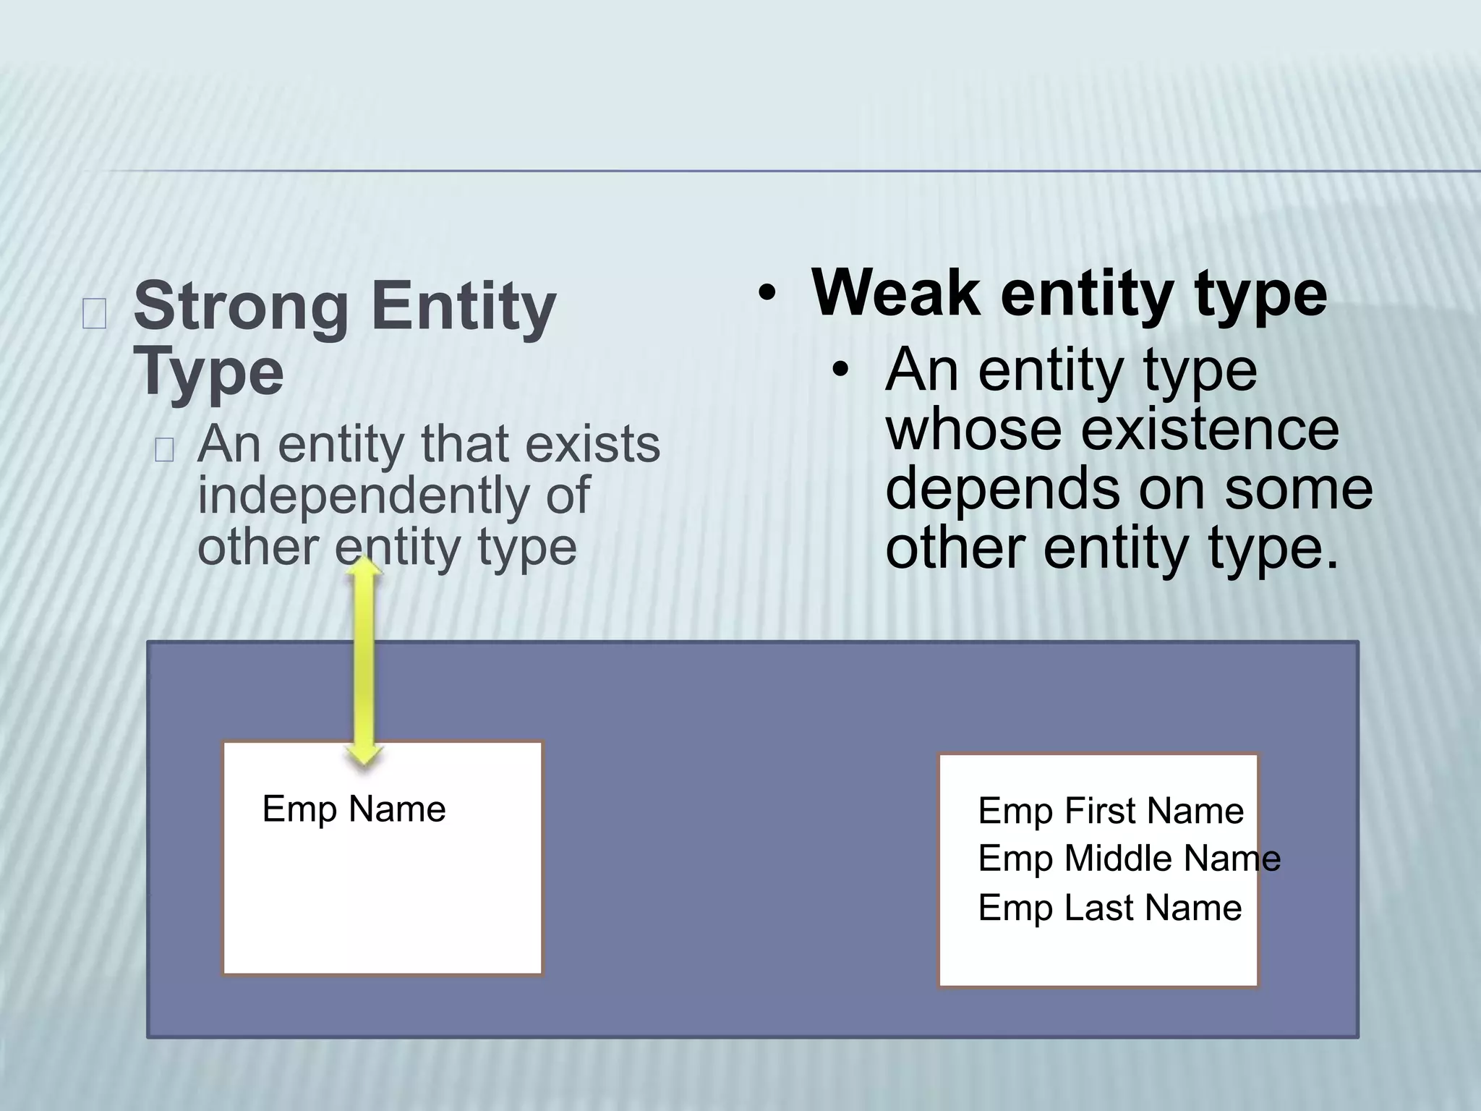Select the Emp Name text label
354,809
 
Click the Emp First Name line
1110,810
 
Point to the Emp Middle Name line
1129,859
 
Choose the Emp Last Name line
1109,907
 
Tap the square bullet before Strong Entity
94,314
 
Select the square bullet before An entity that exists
164,450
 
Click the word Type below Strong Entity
208,373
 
